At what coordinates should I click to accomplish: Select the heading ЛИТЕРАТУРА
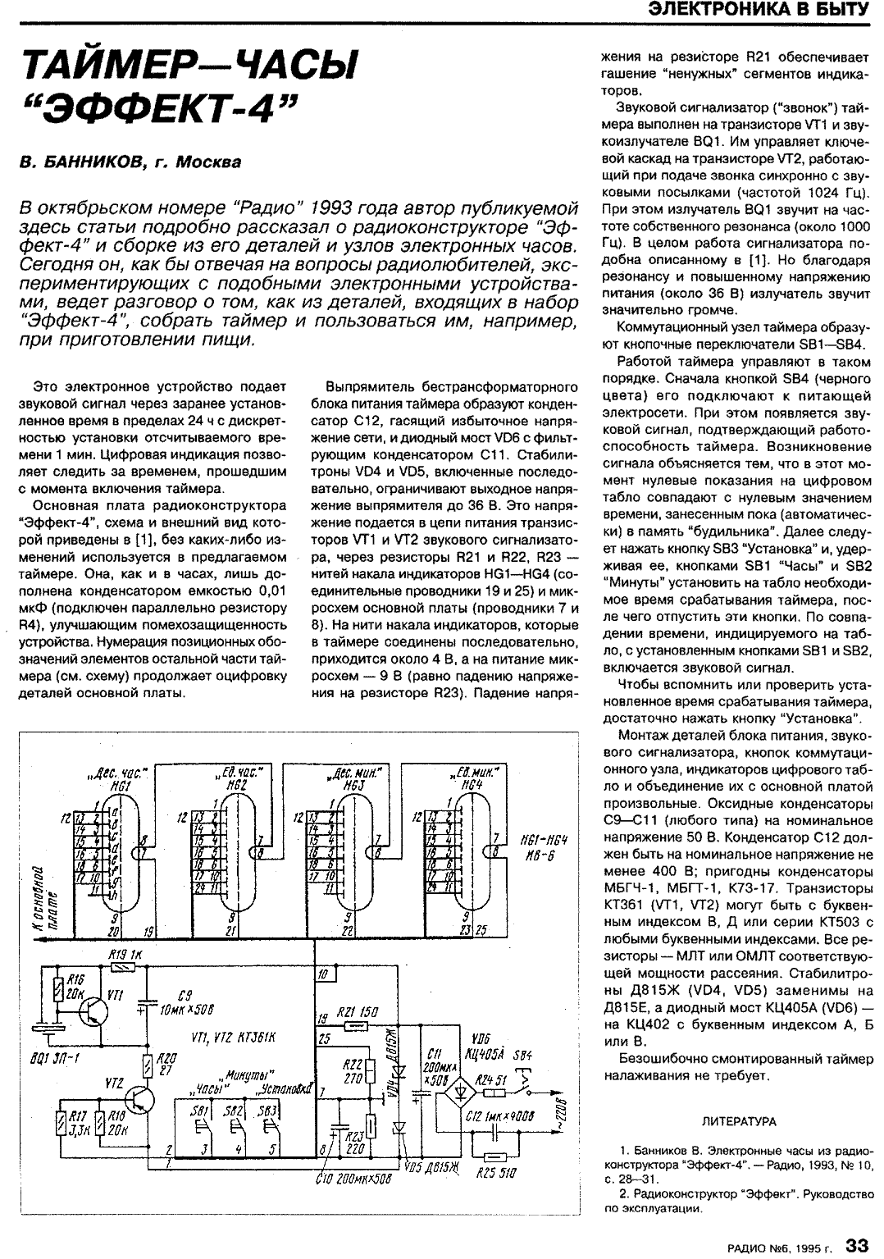point(740,1120)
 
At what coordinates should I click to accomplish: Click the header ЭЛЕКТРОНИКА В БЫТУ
point(759,10)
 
